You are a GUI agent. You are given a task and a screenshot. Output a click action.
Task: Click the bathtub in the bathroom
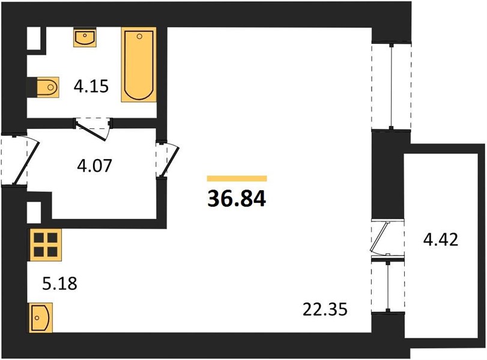pos(139,65)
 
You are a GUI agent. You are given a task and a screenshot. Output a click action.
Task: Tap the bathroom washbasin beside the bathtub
pos(85,38)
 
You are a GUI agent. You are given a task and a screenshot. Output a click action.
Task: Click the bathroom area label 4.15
pos(90,88)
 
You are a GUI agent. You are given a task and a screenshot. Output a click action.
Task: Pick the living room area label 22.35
pos(326,310)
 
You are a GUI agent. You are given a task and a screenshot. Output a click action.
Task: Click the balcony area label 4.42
pos(441,241)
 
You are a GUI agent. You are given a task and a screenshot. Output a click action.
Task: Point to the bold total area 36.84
pos(236,197)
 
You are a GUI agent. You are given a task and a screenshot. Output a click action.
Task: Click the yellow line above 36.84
pos(237,178)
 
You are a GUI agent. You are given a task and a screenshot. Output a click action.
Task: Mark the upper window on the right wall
pos(391,85)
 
